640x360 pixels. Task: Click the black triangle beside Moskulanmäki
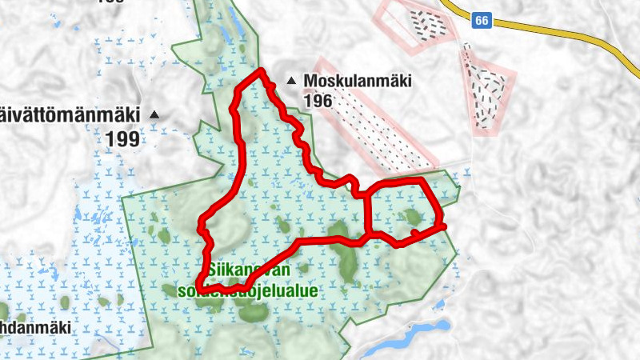(291, 81)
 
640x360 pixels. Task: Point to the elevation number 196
(318, 102)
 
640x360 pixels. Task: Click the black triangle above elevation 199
(155, 115)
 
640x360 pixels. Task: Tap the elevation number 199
(122, 138)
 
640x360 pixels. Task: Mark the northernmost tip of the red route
(260, 73)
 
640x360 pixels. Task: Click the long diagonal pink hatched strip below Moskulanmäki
(376, 120)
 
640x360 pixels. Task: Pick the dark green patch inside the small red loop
(413, 217)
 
